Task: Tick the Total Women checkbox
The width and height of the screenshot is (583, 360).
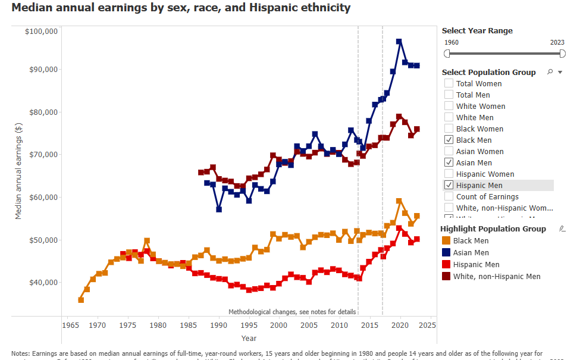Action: [449, 84]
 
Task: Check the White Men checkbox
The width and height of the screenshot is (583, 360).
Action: [449, 118]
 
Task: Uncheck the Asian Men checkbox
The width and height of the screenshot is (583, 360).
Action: [449, 163]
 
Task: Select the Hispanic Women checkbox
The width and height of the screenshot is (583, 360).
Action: [449, 174]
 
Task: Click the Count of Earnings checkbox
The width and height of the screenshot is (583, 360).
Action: [449, 197]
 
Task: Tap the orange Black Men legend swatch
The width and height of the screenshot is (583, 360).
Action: [447, 241]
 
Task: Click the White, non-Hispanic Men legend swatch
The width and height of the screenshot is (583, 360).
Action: [447, 276]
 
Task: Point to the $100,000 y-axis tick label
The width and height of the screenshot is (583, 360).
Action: [41, 31]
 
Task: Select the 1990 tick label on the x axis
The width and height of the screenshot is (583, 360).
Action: [218, 325]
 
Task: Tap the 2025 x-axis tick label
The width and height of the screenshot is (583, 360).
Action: [428, 325]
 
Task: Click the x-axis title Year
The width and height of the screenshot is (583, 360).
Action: [249, 339]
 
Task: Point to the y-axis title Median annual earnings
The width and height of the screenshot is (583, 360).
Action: [18, 167]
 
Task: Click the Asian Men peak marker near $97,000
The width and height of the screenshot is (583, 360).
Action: [399, 42]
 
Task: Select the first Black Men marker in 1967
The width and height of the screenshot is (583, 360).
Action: [81, 300]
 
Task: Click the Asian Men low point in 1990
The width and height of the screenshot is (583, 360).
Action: [219, 209]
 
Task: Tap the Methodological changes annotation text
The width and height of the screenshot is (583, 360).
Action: [292, 312]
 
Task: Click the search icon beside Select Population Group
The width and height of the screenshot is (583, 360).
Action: [550, 72]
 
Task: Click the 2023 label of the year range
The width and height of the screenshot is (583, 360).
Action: [557, 42]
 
